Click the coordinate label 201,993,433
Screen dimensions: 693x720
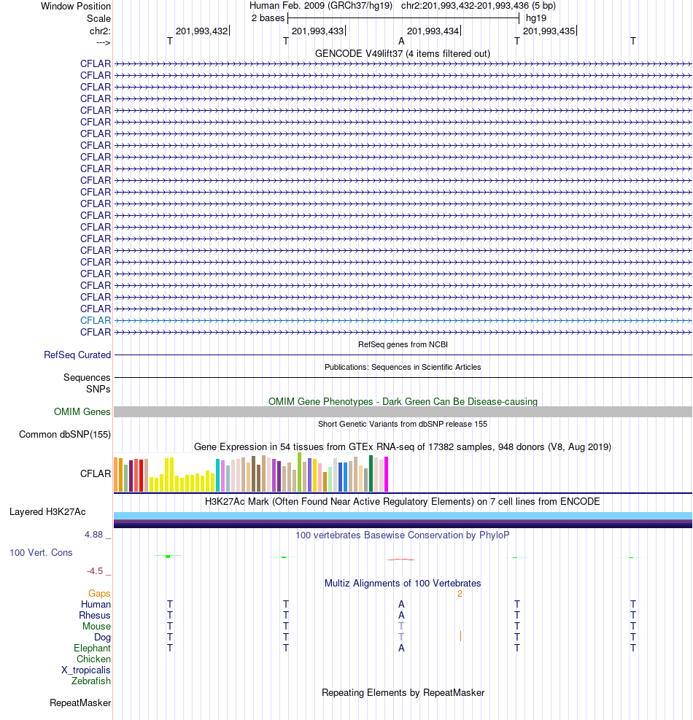tap(318, 31)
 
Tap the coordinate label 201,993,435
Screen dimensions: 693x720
tap(549, 31)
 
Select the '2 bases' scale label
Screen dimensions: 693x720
tap(268, 18)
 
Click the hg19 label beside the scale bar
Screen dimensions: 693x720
tap(536, 18)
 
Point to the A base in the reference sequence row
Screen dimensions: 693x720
tap(401, 42)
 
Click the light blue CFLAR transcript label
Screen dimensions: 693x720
tap(96, 320)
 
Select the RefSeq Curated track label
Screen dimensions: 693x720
tap(77, 355)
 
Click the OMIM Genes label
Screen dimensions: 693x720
tap(82, 412)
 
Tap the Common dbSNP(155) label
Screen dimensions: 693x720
tap(65, 434)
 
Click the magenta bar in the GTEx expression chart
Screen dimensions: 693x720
tap(386, 474)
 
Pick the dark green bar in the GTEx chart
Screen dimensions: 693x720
tap(371, 473)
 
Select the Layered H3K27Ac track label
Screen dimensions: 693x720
tap(47, 512)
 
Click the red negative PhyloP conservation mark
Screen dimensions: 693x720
tap(401, 560)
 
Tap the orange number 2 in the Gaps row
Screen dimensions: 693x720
tap(460, 594)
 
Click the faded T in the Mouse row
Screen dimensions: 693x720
tap(401, 627)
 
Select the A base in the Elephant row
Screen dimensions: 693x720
tap(401, 648)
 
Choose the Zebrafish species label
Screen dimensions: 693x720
tap(91, 681)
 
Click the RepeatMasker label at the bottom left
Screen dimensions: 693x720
tap(80, 703)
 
